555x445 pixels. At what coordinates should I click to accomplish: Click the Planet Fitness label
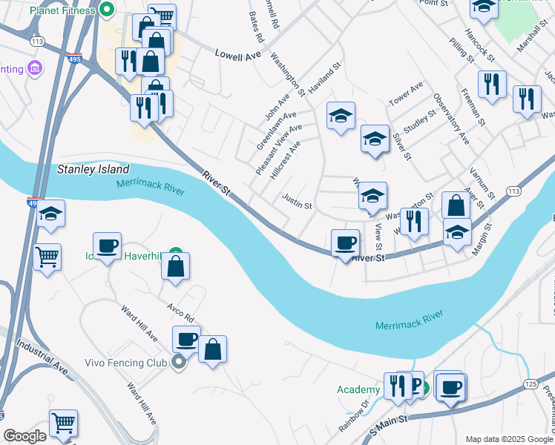tap(64, 11)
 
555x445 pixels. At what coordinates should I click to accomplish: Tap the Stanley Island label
tap(93, 169)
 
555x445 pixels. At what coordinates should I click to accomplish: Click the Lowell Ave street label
tap(239, 54)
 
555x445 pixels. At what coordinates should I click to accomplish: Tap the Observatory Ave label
tap(451, 118)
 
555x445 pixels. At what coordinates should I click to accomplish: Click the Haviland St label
tap(324, 77)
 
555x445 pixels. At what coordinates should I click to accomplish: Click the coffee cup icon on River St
tap(344, 243)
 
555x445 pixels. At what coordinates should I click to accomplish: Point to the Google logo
tap(24, 437)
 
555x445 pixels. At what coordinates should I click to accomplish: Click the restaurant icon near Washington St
tap(414, 220)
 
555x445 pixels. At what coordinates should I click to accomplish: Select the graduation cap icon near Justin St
tap(372, 196)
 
